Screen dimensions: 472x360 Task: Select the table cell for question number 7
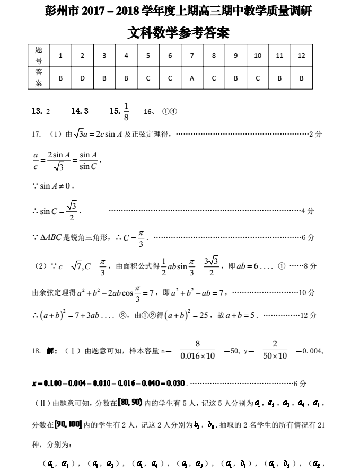191,56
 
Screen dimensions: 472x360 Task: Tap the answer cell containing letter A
191,78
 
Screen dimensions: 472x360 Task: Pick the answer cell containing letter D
82,78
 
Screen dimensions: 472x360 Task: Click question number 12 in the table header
301,56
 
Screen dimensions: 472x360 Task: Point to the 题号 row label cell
39,56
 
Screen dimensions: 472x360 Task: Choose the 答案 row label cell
39,78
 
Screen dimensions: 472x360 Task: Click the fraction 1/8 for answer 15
126,111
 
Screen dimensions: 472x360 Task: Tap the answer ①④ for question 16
169,112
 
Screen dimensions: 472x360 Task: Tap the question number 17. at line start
37,135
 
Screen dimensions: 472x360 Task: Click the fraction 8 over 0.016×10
197,350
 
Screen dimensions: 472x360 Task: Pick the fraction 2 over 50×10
275,350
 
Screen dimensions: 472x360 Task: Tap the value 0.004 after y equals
312,351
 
